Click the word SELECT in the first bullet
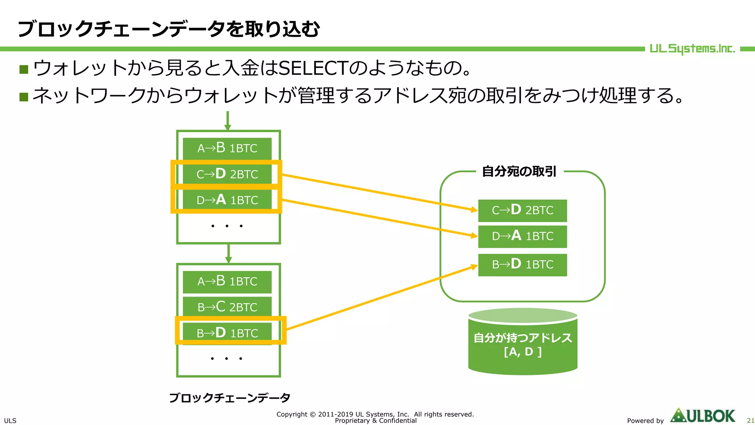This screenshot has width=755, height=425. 313,68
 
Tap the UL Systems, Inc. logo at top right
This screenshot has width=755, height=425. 692,49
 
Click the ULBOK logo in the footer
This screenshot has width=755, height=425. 703,416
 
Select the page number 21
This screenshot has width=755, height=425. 750,421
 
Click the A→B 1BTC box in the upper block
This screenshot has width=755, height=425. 227,148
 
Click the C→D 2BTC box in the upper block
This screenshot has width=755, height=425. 227,174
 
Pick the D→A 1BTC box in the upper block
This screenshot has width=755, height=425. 227,200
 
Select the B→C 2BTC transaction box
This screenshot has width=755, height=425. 227,307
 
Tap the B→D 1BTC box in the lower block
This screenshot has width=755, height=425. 227,333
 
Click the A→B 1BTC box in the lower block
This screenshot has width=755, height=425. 227,281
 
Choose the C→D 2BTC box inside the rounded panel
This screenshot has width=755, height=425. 522,210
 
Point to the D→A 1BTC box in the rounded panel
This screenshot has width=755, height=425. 522,236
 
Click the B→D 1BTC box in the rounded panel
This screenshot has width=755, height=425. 522,265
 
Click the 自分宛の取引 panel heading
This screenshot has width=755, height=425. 519,172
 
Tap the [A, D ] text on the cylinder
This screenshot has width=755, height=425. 522,352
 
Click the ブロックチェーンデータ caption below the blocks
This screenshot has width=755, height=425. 229,398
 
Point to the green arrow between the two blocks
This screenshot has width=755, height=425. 229,253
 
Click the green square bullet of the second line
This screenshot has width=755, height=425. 24,97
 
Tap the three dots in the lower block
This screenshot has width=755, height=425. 226,358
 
